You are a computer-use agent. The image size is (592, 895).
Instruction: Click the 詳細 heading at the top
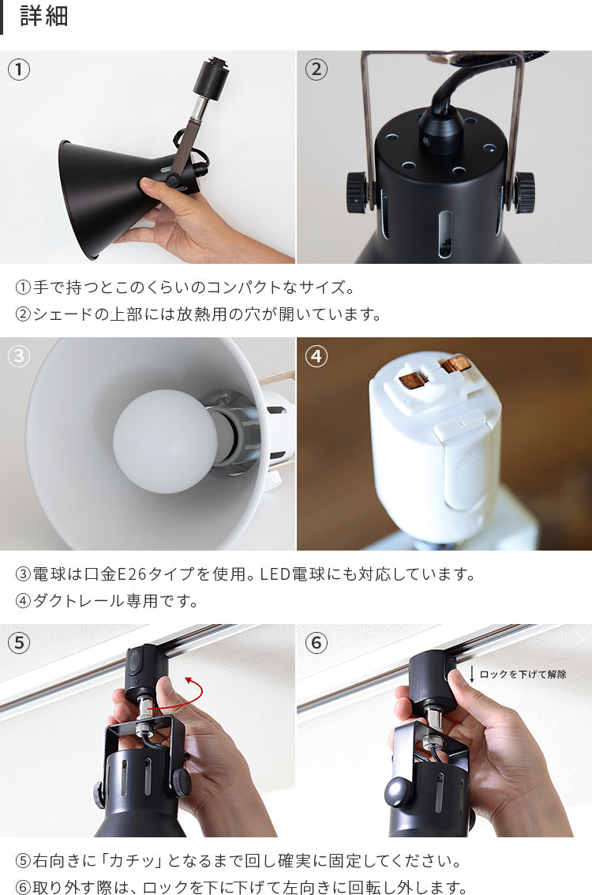[44, 16]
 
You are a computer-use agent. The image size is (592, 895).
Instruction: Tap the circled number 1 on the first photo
[19, 70]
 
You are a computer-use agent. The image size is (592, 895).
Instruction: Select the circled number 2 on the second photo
[317, 70]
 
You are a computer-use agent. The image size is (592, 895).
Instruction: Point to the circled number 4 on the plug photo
[317, 356]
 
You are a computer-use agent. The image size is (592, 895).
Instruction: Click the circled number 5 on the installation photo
[19, 643]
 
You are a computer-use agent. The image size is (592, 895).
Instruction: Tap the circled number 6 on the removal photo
[317, 643]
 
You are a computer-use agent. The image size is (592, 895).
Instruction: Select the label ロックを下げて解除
[523, 674]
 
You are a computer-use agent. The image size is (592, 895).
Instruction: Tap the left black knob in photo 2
[356, 193]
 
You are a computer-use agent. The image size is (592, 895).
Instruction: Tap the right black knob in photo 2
[524, 193]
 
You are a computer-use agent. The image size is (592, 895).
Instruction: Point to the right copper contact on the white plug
[455, 364]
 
